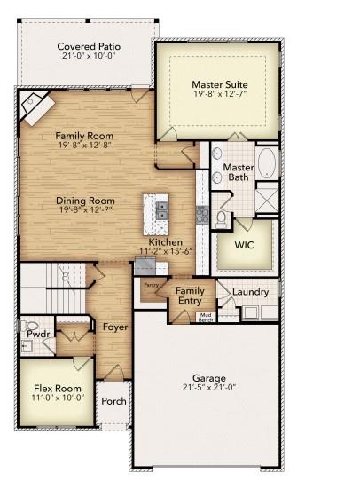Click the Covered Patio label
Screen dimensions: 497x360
pos(89,46)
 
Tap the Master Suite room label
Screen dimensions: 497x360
pos(219,86)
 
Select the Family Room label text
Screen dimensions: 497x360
pos(86,136)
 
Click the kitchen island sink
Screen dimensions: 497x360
pos(162,210)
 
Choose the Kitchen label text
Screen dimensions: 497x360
pos(165,242)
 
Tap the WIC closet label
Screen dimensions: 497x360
pos(244,244)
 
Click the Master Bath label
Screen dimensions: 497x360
pos(238,172)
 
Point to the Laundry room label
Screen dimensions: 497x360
pos(249,291)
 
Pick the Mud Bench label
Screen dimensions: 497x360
pos(205,317)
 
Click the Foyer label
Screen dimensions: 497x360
pos(114,327)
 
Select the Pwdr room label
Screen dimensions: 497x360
pos(35,335)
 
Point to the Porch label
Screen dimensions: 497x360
pos(114,401)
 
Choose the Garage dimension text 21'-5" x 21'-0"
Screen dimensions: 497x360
pos(209,388)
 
